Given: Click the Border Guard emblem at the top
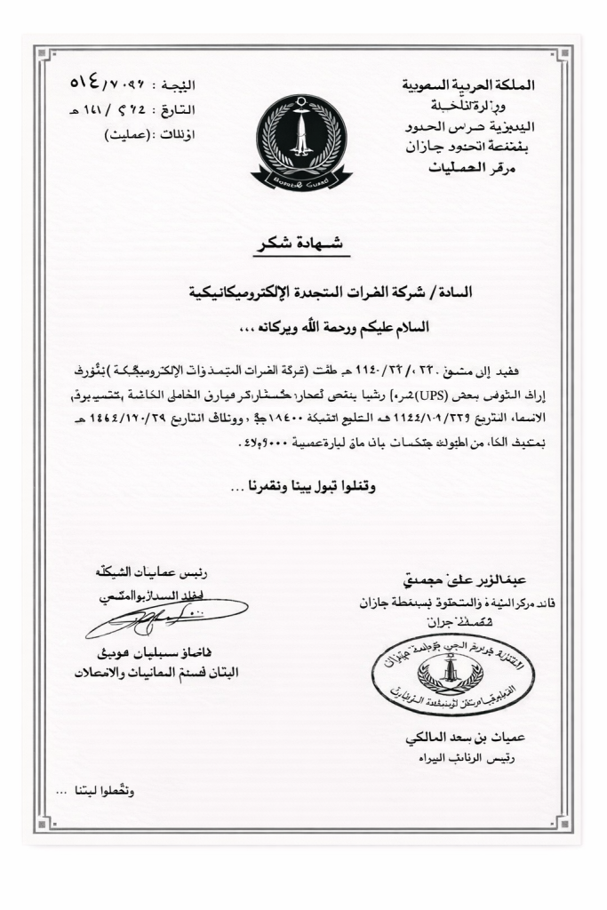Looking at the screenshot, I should point(300,141).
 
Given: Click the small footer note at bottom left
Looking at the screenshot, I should point(92,791).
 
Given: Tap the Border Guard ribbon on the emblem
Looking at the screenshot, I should point(300,180).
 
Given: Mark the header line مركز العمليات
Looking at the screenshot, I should point(502,168).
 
